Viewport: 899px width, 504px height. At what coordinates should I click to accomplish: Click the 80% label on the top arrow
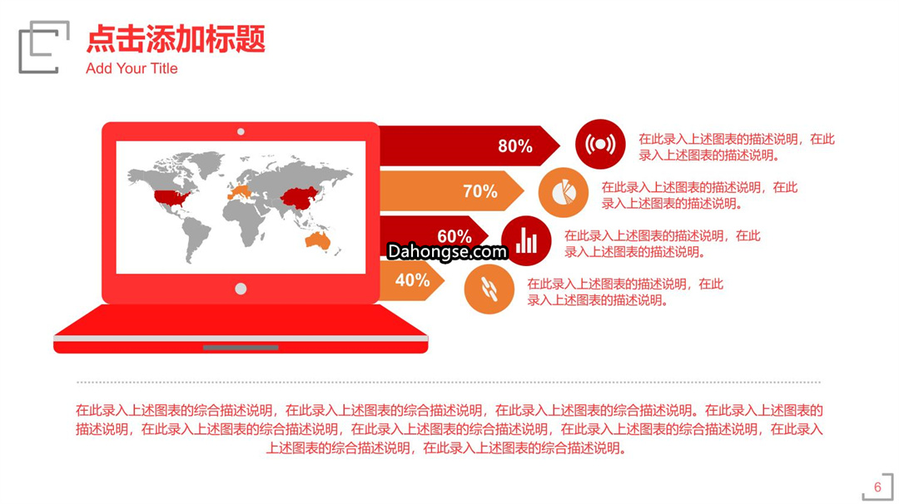pos(515,146)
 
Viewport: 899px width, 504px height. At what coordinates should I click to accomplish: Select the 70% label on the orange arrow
pos(480,191)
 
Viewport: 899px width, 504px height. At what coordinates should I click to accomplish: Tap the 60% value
pos(454,235)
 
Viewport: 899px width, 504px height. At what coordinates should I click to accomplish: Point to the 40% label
pos(412,280)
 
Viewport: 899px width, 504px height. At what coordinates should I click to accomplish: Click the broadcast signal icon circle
pos(600,145)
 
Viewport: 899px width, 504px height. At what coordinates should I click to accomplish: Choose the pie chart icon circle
pos(563,192)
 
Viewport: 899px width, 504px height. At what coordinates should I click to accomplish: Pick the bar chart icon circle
pos(526,240)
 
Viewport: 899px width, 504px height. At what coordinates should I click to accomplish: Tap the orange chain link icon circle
pos(489,289)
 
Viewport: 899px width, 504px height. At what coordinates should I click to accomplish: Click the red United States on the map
pos(172,198)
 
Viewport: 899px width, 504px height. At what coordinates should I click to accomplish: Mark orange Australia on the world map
pos(318,240)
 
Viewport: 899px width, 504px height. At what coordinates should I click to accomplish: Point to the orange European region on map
pos(241,191)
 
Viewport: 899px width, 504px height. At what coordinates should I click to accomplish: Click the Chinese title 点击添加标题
pos(176,39)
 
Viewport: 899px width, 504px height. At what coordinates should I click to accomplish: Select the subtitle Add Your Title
pos(132,68)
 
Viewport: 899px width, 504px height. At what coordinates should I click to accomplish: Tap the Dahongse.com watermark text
pos(447,251)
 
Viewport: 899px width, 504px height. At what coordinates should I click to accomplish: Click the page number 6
pos(877,487)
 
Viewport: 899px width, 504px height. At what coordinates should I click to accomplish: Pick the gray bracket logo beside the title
pos(44,47)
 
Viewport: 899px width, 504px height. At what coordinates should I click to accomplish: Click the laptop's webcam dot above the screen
pos(241,131)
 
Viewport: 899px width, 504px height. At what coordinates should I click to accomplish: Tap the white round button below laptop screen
pos(241,289)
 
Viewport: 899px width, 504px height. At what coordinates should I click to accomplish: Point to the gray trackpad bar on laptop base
pos(241,348)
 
